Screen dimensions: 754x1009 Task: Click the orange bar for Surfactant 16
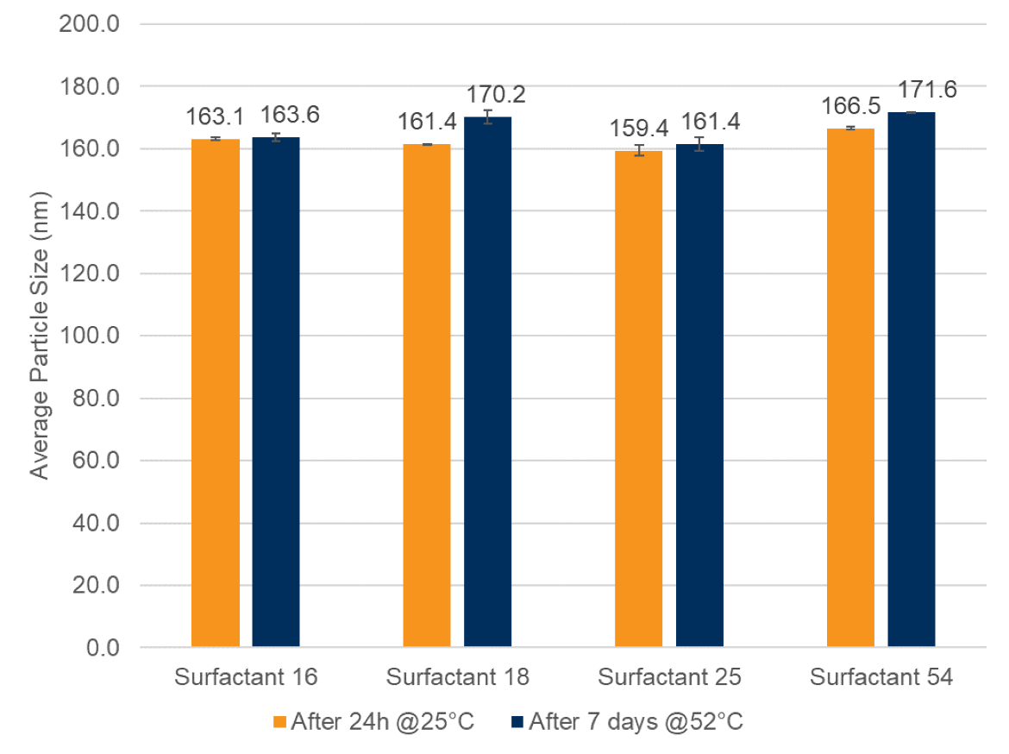[216, 393]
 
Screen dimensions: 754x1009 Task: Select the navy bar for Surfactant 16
[276, 392]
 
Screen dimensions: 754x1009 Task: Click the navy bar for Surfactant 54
[912, 380]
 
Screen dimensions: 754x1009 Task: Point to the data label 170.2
[496, 94]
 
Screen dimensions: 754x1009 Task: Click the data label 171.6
[927, 90]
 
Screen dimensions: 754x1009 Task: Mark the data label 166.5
[850, 106]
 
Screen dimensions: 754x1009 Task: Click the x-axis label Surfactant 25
[669, 677]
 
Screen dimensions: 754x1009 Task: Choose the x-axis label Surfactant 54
[881, 677]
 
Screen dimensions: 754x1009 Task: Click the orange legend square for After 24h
[279, 721]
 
